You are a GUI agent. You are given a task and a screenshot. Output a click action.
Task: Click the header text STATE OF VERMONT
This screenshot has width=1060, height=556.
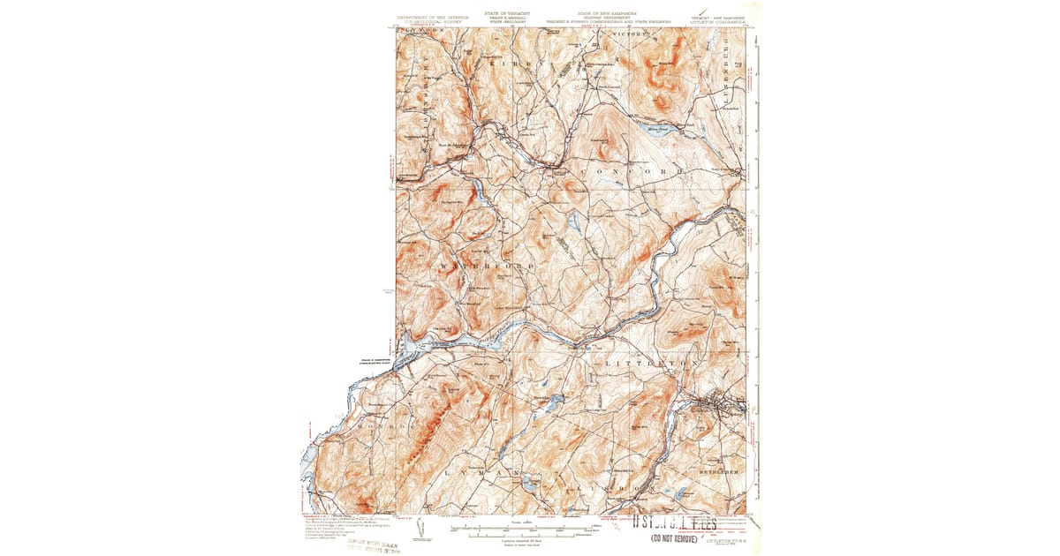click(500, 14)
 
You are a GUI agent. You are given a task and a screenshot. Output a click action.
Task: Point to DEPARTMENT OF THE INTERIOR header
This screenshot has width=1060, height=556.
click(432, 18)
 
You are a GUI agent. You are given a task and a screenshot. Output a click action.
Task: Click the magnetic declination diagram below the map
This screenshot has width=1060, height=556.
click(420, 528)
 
